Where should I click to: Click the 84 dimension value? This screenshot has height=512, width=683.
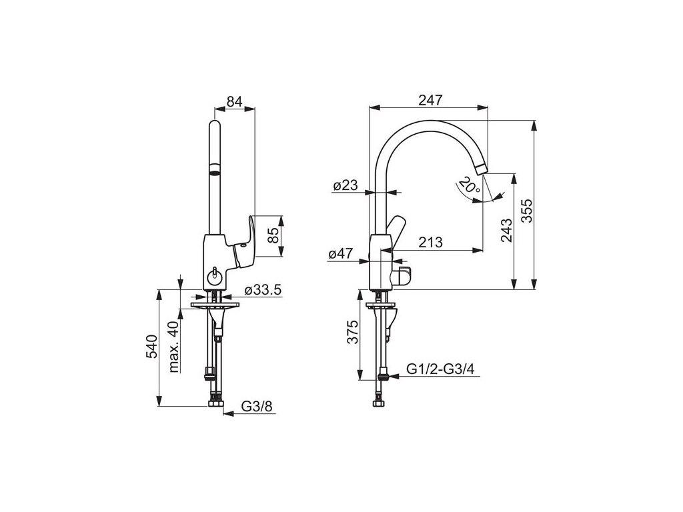click(234, 101)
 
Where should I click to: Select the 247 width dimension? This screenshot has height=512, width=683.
click(430, 100)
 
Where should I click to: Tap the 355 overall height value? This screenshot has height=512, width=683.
click(527, 211)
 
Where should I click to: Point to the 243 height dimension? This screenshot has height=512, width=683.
click(506, 230)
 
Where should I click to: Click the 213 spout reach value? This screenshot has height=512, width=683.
click(430, 242)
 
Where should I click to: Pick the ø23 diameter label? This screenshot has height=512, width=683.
click(346, 185)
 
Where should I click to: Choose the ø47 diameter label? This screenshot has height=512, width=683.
click(341, 254)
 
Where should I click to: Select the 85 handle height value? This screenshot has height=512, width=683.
click(273, 235)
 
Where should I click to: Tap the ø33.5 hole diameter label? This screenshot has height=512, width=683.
click(263, 289)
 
